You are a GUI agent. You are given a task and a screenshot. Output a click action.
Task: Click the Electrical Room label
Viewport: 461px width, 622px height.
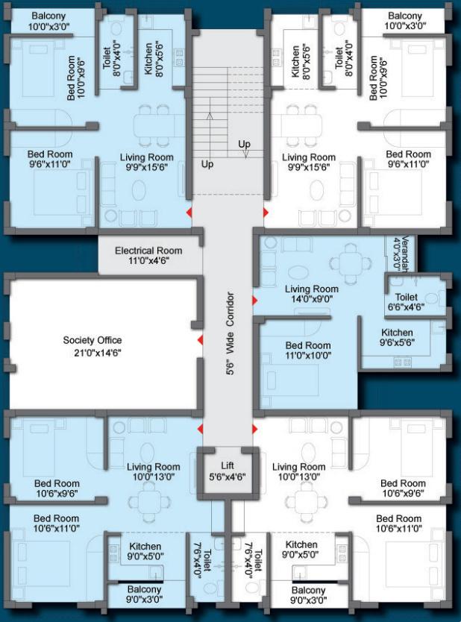(148, 256)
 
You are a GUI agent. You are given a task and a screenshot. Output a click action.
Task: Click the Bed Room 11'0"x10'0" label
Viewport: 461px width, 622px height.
(308, 351)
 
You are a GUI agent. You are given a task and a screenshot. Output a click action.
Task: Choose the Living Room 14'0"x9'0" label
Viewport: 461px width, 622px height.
(312, 295)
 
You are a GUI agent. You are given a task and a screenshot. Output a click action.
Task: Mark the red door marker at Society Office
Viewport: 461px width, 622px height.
(200, 341)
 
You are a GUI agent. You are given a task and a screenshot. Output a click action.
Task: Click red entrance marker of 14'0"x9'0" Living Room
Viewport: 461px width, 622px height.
(256, 300)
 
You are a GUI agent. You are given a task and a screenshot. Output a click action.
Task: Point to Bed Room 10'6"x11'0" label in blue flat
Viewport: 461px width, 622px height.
(57, 524)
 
